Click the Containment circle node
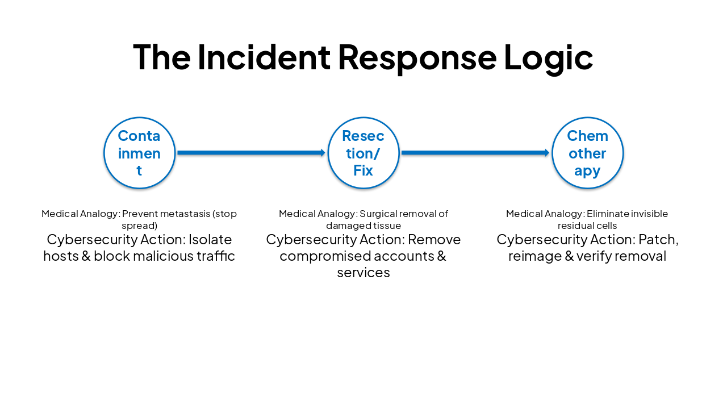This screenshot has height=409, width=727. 139,153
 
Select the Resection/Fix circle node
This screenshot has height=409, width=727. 363,153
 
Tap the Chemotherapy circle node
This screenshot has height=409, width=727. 587,153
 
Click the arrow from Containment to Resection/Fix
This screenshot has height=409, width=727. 251,153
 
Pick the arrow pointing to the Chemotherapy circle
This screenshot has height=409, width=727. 475,153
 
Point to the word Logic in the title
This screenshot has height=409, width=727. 548,57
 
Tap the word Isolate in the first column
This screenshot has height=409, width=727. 210,239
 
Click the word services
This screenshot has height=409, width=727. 363,273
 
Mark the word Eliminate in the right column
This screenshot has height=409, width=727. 606,214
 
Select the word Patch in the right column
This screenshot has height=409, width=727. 658,239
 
